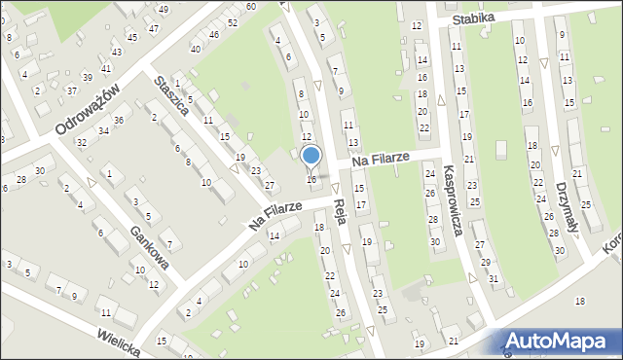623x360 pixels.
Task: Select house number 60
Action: pyautogui.click(x=250, y=6)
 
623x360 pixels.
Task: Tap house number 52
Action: pyautogui.click(x=232, y=22)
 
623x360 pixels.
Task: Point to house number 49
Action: pyautogui.click(x=163, y=10)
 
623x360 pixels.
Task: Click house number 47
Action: pyautogui.click(x=154, y=29)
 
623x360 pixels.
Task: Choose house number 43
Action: pyautogui.click(x=117, y=52)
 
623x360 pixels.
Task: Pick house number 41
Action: pyautogui.click(x=106, y=69)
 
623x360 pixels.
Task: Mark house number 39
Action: pyautogui.click(x=87, y=78)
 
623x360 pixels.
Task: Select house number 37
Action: pyautogui.click(x=71, y=90)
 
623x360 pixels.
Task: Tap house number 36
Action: pyautogui.click(x=118, y=120)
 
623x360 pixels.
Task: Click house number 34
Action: pyautogui.click(x=102, y=130)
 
